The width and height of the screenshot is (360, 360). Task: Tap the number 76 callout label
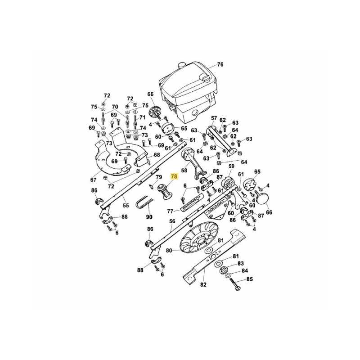[220, 64]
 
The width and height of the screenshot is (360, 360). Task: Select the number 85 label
[250, 279]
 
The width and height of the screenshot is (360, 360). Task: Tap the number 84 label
[245, 271]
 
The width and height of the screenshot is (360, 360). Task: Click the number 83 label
[240, 263]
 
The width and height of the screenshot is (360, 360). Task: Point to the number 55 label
[126, 206]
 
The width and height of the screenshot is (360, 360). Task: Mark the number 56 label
[172, 221]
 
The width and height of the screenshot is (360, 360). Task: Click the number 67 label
[93, 180]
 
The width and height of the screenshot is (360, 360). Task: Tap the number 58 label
[184, 171]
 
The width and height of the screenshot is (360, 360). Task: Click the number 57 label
[214, 118]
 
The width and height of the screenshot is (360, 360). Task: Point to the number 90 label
[149, 217]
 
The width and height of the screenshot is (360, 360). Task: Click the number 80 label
[169, 250]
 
